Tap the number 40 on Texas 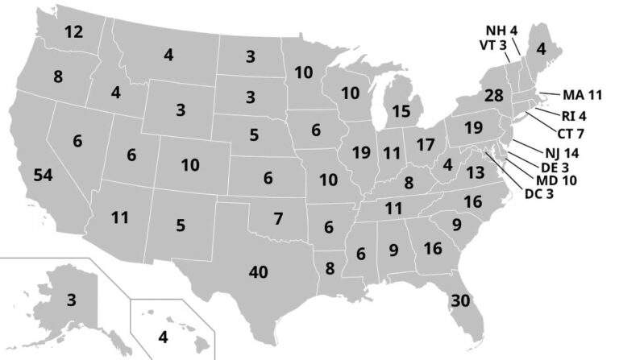click(258, 272)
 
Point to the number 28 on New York click(493, 96)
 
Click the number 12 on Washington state click(73, 33)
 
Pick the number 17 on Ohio click(425, 147)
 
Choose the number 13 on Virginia click(475, 172)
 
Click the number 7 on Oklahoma click(278, 218)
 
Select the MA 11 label click(582, 94)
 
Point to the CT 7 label click(569, 132)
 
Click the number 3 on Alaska click(72, 300)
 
